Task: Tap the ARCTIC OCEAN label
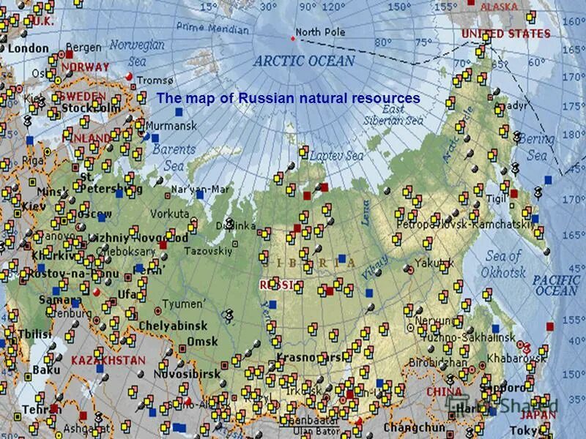(304, 61)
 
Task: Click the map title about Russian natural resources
(289, 98)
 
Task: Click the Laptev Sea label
(336, 156)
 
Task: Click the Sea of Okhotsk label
(505, 264)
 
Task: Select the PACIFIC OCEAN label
(555, 285)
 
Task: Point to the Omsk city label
(202, 342)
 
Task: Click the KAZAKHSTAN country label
(108, 361)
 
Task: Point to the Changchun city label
(415, 427)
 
